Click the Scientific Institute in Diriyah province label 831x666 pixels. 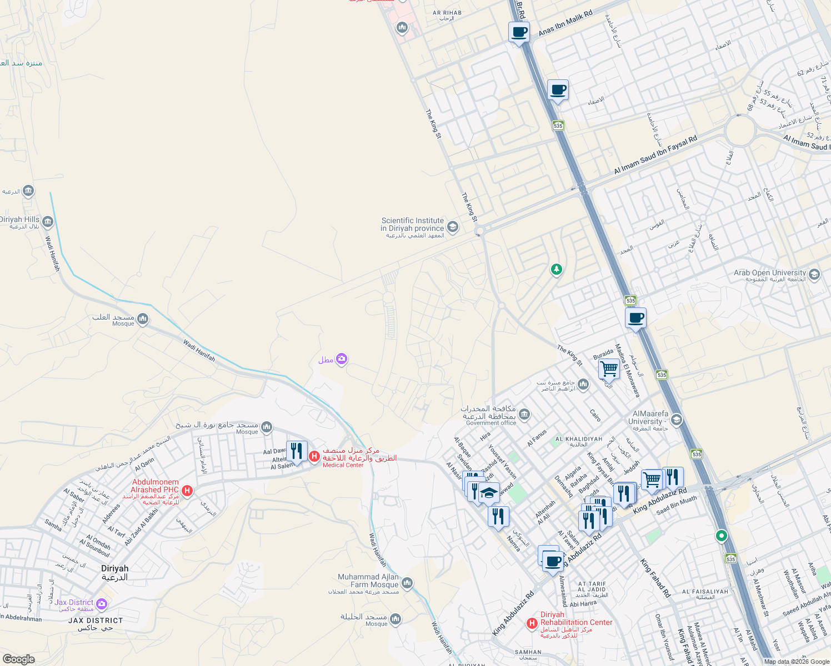(x=412, y=224)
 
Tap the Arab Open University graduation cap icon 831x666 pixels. (x=814, y=274)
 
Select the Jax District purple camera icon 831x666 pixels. (x=102, y=603)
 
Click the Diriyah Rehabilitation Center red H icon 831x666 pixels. (x=532, y=623)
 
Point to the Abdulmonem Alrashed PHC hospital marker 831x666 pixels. (x=187, y=491)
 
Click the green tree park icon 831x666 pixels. (x=556, y=270)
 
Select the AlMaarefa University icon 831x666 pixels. (x=676, y=420)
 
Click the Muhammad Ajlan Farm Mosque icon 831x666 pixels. (x=407, y=583)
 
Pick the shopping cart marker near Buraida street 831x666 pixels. (x=609, y=369)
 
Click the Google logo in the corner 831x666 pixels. (x=18, y=659)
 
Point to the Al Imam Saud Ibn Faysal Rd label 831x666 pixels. (x=655, y=155)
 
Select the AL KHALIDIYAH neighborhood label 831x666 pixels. (x=578, y=439)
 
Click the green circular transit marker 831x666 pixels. (x=721, y=536)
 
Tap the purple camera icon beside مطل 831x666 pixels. (x=342, y=359)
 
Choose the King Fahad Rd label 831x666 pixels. (x=655, y=578)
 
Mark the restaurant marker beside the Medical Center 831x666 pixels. (x=297, y=452)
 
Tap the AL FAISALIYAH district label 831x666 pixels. (x=705, y=592)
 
